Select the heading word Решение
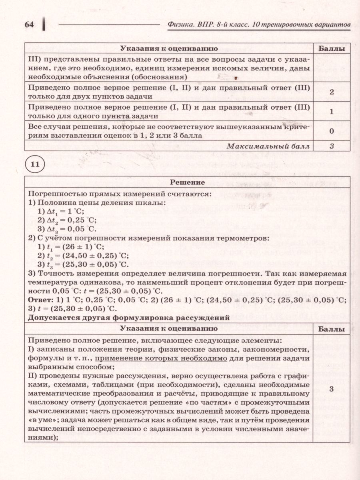pos(188,182)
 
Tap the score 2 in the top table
pos(332,92)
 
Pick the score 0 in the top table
pos(332,130)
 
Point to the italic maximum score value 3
pos(332,146)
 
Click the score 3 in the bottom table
pos(332,389)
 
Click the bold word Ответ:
pos(40,300)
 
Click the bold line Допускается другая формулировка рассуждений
pos(128,318)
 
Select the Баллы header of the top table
pos(332,48)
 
